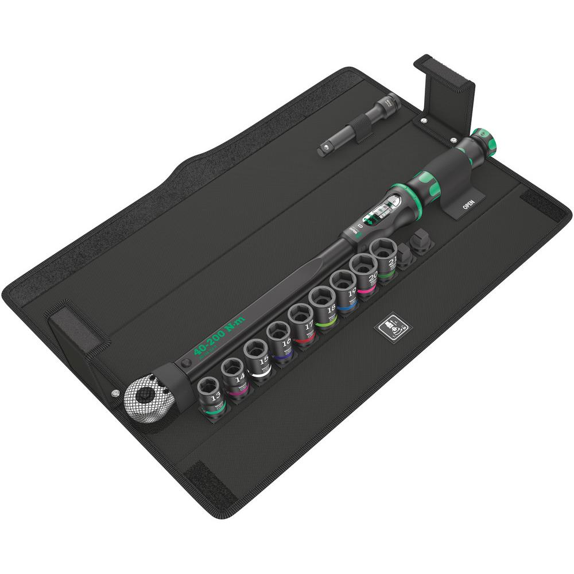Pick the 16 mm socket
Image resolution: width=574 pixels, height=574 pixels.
point(279,338)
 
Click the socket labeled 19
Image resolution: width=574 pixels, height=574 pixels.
point(343,286)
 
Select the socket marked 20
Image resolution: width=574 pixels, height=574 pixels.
point(364,270)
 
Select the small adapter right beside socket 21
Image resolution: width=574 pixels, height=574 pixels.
point(406,255)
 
